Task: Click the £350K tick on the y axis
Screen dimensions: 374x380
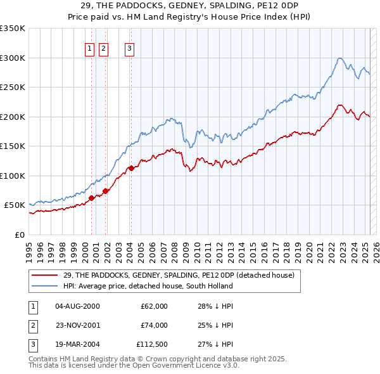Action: [x=13, y=29]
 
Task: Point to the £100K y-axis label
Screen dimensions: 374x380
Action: [x=13, y=176]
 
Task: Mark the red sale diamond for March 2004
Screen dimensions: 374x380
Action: [x=131, y=168]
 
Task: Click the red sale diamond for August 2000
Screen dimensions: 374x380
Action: [x=91, y=198]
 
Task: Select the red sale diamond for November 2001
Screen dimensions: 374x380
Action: [x=106, y=191]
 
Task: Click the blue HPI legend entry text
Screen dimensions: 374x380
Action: [x=148, y=286]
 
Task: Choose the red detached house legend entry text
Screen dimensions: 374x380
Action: [x=179, y=275]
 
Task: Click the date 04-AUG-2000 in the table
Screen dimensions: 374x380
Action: [x=78, y=306]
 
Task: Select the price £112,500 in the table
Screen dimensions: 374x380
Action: [x=152, y=345]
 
